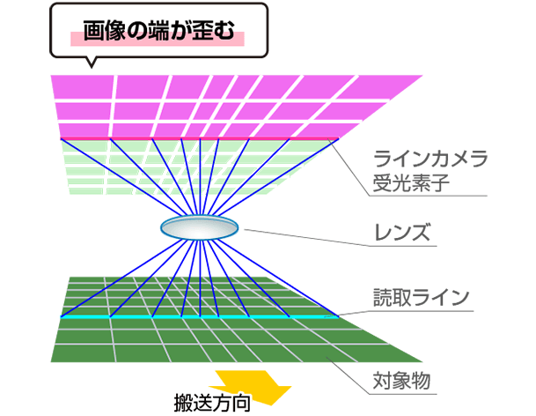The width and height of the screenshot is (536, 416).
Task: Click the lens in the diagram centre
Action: [x=199, y=227]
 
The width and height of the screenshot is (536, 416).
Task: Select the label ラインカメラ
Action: [x=430, y=159]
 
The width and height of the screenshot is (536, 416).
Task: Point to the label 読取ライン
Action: [x=421, y=297]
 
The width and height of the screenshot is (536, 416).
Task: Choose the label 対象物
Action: [x=401, y=381]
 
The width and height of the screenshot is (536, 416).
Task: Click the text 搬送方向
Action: [x=212, y=403]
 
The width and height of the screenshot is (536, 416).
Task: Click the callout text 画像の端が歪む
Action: [x=159, y=31]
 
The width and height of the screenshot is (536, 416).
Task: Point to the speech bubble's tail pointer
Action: [x=91, y=63]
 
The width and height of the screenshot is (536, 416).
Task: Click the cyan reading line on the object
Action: [x=200, y=317]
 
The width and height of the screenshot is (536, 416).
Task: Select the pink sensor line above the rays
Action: [x=200, y=138]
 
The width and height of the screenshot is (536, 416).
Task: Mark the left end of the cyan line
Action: [x=61, y=317]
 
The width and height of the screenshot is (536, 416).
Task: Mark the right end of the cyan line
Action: [x=339, y=317]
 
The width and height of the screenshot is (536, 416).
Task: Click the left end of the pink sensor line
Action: [x=61, y=138]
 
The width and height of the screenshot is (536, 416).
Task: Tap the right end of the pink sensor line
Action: [x=339, y=138]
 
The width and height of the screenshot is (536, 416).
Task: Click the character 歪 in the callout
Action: [x=202, y=31]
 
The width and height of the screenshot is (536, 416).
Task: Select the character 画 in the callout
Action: [x=93, y=31]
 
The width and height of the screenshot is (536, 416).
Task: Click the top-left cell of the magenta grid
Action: [x=83, y=87]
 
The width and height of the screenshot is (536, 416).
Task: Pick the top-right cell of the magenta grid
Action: [x=383, y=87]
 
